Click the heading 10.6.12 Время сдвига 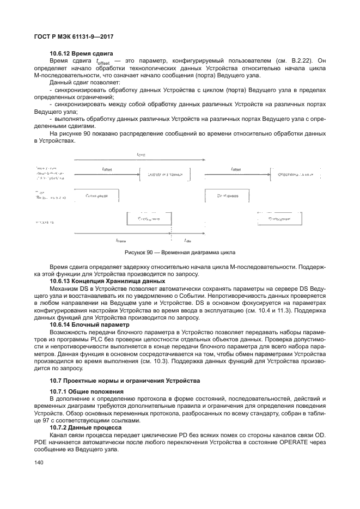tap(81, 53)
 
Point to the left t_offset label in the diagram tap(107, 169)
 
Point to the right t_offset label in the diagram tap(236, 169)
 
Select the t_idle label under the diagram tap(187, 240)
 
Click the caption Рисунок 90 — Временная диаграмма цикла tap(180, 253)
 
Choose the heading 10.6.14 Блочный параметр tap(87, 323)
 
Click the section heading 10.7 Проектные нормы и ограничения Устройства tap(125, 380)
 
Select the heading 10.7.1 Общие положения tap(82, 391)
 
